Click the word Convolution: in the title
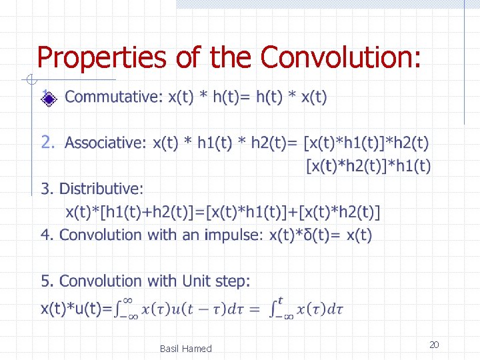[341, 58]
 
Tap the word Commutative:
[113, 97]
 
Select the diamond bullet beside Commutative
[48, 99]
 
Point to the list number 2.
[47, 143]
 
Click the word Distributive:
[101, 189]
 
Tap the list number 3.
[45, 189]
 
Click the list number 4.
[45, 235]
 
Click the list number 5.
[45, 281]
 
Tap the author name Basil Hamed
[185, 349]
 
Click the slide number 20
[433, 345]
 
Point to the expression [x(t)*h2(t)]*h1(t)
[368, 165]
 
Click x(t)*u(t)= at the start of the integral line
[75, 309]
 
